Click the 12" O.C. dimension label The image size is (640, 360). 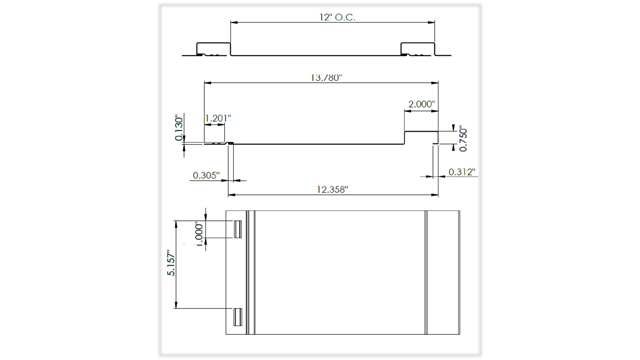[x=337, y=17]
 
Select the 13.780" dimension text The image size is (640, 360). [x=326, y=78]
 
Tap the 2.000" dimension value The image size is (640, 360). [x=422, y=104]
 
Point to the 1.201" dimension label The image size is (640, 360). [x=218, y=118]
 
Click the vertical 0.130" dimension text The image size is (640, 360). [x=180, y=128]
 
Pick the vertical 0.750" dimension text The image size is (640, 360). [x=463, y=139]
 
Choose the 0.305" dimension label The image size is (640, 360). [x=206, y=176]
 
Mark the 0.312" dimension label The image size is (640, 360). [x=462, y=172]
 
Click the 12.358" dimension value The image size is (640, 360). [x=332, y=189]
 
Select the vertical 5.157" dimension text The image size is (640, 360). [x=171, y=264]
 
